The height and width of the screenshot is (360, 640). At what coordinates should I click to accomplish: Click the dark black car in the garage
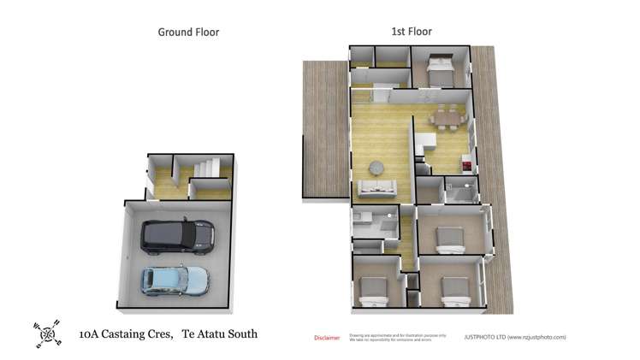point(177,237)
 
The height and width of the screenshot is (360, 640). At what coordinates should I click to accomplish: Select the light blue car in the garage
point(175,280)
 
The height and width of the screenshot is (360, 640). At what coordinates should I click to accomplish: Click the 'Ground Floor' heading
point(188,32)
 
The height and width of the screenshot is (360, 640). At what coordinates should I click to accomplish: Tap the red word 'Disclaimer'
point(328,337)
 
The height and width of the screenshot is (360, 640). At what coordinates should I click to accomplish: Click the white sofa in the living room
point(376,188)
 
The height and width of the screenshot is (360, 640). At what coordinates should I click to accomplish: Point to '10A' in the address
point(89,334)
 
